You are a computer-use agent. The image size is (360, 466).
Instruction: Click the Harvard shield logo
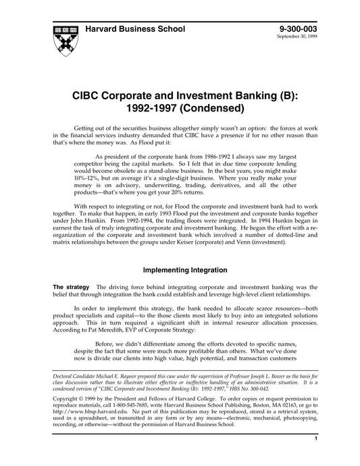(63, 42)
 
